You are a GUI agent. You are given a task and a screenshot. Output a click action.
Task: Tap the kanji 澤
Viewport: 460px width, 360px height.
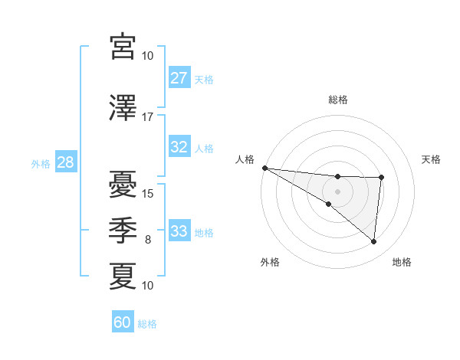pyautogui.click(x=123, y=108)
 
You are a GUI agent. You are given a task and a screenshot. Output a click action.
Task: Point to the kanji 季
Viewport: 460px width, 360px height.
pyautogui.click(x=123, y=231)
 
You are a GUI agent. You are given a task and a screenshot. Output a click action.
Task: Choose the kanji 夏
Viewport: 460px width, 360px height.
pyautogui.click(x=123, y=277)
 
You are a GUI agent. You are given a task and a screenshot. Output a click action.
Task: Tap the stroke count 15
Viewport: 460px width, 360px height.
pyautogui.click(x=148, y=194)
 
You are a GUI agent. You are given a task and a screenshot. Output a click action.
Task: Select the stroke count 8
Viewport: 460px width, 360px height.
pyautogui.click(x=148, y=240)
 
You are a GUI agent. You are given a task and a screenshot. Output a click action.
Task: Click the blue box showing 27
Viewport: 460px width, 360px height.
pyautogui.click(x=179, y=78)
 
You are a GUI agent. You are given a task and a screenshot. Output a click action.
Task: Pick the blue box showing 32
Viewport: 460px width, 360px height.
pyautogui.click(x=179, y=147)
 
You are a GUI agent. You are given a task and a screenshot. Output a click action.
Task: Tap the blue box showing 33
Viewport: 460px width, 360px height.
pyautogui.click(x=179, y=231)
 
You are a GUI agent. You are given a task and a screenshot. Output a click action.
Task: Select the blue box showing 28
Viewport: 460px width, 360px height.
pyautogui.click(x=66, y=162)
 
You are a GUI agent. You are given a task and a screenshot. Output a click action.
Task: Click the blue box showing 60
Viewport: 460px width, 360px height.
pyautogui.click(x=123, y=322)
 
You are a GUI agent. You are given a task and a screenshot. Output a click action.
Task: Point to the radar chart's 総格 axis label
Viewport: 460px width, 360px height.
pyautogui.click(x=338, y=100)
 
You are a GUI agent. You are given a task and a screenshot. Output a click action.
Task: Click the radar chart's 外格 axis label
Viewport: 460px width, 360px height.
pyautogui.click(x=270, y=262)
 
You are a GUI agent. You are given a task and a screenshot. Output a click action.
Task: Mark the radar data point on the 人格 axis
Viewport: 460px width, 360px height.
pyautogui.click(x=264, y=168)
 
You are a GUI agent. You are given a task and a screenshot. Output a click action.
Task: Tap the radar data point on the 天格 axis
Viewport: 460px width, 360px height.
pyautogui.click(x=381, y=178)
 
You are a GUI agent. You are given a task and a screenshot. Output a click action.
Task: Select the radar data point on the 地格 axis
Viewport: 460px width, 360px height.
pyautogui.click(x=373, y=242)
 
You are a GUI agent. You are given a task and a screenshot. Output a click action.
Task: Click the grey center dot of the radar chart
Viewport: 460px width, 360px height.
pyautogui.click(x=337, y=190)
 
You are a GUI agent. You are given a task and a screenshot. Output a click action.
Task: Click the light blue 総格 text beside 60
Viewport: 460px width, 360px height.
pyautogui.click(x=147, y=324)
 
